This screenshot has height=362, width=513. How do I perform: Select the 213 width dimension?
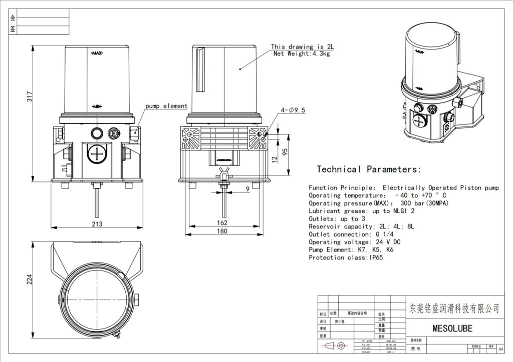click(98, 224)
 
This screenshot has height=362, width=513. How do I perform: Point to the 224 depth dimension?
click(29, 279)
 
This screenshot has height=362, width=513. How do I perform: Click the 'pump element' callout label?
click(166, 106)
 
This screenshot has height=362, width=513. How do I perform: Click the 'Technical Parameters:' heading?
click(369, 169)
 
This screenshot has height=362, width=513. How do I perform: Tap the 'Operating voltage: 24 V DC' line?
click(355, 242)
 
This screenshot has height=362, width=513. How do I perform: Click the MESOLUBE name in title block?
click(452, 328)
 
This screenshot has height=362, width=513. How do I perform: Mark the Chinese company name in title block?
click(454, 308)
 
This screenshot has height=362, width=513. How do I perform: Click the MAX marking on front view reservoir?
click(97, 53)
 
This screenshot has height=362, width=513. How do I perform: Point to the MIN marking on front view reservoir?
click(97, 106)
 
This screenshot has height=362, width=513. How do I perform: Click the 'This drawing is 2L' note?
click(302, 46)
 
